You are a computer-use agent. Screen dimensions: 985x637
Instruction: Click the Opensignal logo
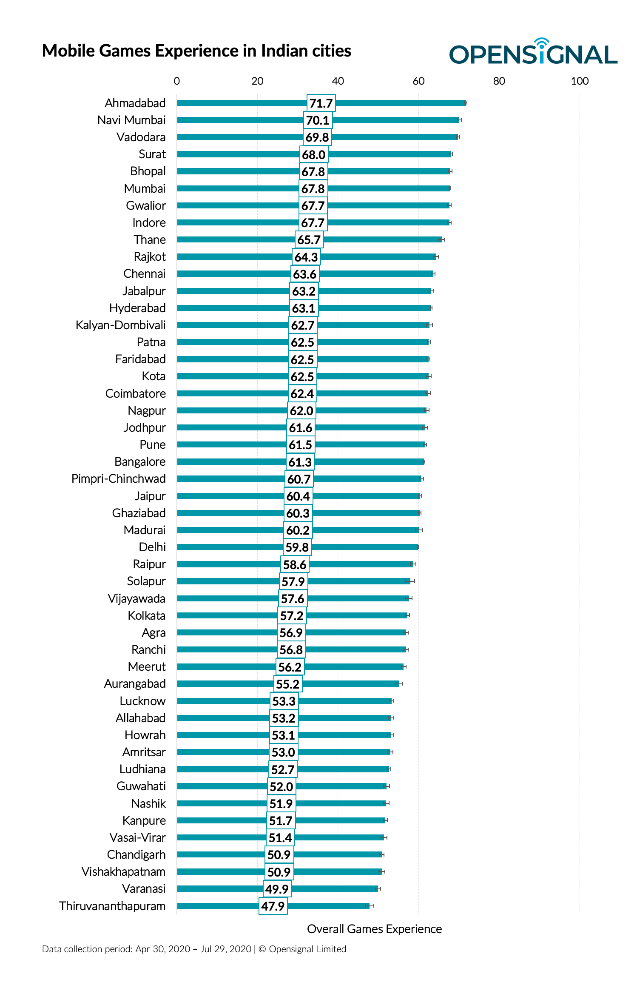click(x=533, y=53)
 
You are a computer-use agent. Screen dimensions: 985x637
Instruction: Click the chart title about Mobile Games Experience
click(x=196, y=51)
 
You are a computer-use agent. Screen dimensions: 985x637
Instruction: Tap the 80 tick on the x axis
click(x=499, y=81)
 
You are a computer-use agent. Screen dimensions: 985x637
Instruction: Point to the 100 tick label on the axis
click(x=579, y=81)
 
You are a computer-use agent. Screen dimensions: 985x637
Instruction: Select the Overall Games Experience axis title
click(x=374, y=929)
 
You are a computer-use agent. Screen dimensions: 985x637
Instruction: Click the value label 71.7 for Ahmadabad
click(x=321, y=103)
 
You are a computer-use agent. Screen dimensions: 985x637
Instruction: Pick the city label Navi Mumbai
click(x=131, y=120)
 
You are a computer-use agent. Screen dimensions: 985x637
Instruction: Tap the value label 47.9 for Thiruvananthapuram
click(x=273, y=906)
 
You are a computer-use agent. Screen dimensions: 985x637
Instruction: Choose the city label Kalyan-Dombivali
click(x=121, y=325)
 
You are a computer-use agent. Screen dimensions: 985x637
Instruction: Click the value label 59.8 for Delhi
click(x=297, y=547)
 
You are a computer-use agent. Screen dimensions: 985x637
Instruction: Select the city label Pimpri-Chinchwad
click(x=119, y=479)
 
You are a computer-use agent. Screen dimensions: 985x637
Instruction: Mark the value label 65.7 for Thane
click(x=309, y=240)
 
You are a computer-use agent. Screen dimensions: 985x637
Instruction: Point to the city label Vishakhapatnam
click(x=124, y=872)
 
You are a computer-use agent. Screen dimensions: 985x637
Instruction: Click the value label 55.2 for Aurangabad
click(x=288, y=684)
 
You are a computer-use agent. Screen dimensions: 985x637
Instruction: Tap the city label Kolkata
click(x=147, y=616)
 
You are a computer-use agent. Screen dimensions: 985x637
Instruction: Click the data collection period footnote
click(x=194, y=949)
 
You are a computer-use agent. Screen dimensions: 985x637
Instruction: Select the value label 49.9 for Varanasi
click(x=277, y=889)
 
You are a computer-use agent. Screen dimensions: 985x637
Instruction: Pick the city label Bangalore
click(x=140, y=462)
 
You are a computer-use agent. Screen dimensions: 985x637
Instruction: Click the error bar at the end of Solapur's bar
click(x=410, y=581)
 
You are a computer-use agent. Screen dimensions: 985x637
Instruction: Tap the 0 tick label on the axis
click(x=177, y=81)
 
